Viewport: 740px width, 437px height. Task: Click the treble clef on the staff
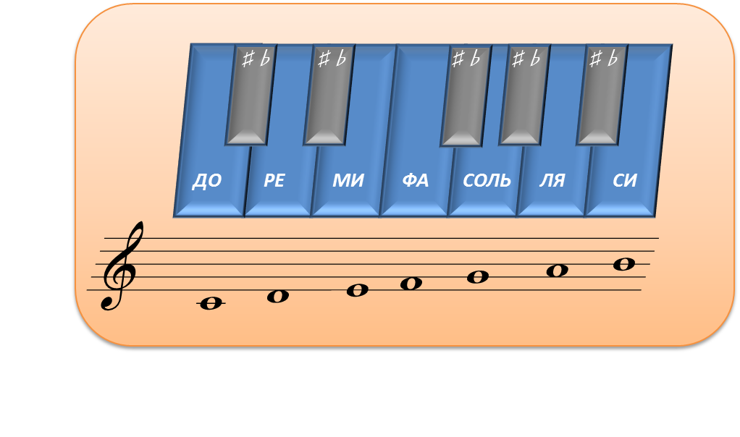pos(120,266)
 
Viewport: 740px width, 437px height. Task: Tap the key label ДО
pos(206,181)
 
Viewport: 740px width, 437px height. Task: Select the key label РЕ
pos(274,181)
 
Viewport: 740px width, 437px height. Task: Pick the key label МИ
pos(348,181)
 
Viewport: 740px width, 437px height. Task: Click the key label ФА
pos(416,181)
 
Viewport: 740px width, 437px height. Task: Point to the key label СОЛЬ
pos(487,181)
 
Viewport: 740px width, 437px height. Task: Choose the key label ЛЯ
pos(552,181)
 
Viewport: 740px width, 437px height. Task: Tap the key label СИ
pos(624,181)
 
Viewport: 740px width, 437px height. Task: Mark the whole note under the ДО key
pos(211,303)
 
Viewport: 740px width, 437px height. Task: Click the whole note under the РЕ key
pos(278,296)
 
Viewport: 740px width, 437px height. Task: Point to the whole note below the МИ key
pos(357,290)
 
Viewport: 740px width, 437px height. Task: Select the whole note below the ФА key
pos(411,283)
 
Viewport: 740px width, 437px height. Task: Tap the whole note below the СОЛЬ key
pos(478,276)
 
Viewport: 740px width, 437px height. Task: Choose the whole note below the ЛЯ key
pos(557,271)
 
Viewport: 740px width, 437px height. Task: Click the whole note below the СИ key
pos(624,264)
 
